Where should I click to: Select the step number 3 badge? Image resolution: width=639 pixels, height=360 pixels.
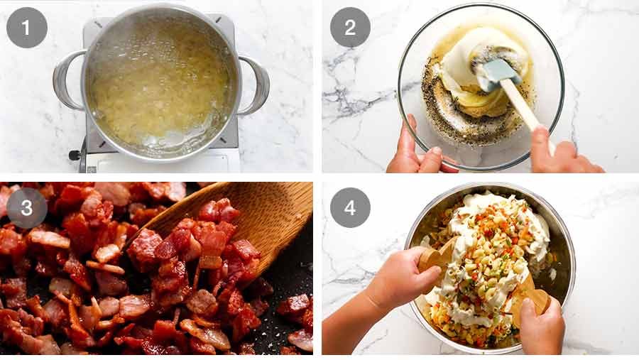27,207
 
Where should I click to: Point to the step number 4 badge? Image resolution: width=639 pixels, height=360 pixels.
350,207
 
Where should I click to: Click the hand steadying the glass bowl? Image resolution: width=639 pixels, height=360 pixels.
415,149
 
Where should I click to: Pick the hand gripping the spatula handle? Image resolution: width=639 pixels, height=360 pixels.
561,153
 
